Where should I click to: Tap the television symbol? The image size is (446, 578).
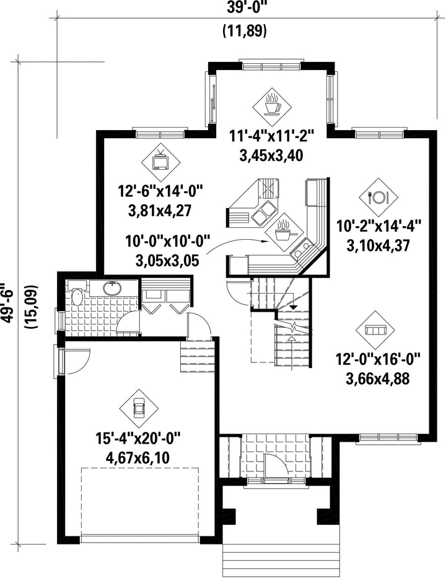click(160, 162)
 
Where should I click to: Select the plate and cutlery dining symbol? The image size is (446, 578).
click(378, 197)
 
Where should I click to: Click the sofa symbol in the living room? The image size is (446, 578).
click(375, 330)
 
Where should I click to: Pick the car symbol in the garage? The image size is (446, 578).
click(139, 408)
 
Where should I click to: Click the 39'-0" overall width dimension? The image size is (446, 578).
click(244, 8)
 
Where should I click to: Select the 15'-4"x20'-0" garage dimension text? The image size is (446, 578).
click(138, 439)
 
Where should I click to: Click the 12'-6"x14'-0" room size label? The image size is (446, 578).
click(160, 192)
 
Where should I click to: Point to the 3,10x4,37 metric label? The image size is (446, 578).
click(378, 245)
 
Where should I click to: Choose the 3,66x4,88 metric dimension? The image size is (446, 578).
click(378, 379)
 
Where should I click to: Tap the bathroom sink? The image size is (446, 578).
click(111, 288)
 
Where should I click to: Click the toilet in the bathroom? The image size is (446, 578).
click(77, 294)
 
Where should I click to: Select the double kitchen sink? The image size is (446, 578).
click(263, 213)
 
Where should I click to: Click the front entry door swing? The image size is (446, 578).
click(276, 465)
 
